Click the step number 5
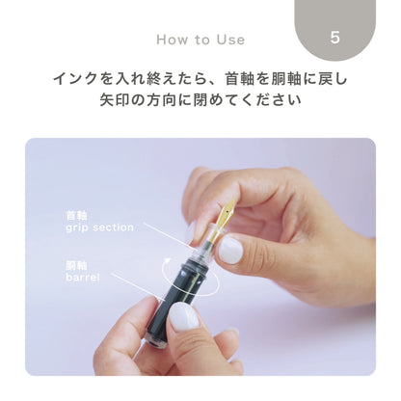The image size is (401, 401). pos(334,38)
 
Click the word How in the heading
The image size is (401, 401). pos(172,40)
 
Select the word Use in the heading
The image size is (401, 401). pos(229,40)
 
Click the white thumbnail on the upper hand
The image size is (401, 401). pos(231,251)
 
